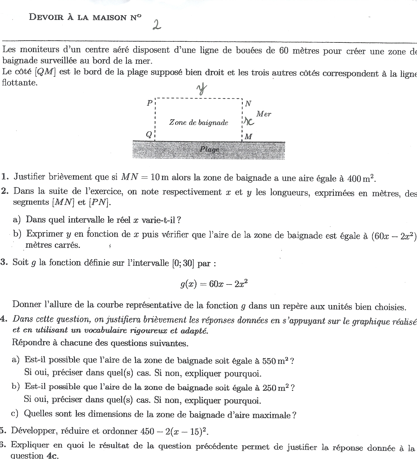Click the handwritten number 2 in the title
(157, 25)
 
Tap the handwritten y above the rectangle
(201, 89)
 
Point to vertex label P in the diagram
(150, 103)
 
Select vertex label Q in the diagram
(149, 134)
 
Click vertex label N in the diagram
(248, 104)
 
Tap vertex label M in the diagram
(248, 137)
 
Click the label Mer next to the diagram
(264, 114)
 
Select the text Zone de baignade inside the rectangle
(198, 123)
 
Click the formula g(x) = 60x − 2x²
(214, 284)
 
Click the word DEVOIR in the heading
(46, 17)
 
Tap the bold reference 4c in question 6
(52, 455)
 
